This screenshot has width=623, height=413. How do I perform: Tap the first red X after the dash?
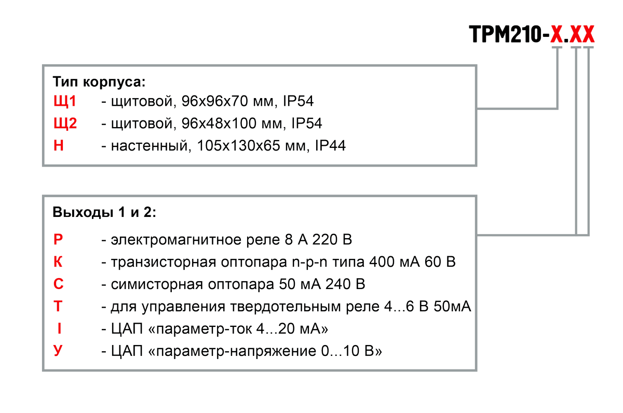pos(557,34)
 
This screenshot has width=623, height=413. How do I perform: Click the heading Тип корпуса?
pos(99,82)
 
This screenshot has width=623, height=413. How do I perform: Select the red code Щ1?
pos(64,101)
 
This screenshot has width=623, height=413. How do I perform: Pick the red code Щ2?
pos(65,123)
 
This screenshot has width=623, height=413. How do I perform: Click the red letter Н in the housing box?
pos(58,145)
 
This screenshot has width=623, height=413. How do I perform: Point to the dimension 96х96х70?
pos(215,101)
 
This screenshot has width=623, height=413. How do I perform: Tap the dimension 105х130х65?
pos(238,146)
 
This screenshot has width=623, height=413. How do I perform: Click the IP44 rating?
pos(330,146)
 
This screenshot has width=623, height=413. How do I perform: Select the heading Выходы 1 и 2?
pos(104,212)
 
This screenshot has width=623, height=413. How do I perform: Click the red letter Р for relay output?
pos(58,239)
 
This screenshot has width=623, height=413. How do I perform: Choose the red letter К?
pos(58,261)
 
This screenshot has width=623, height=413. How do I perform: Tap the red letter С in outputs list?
pos(58,284)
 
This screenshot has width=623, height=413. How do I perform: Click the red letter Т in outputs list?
pos(58,306)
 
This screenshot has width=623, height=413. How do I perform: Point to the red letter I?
pos(59,328)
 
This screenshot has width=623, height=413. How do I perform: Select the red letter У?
pos(58,351)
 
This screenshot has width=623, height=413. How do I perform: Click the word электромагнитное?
pos(176,240)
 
